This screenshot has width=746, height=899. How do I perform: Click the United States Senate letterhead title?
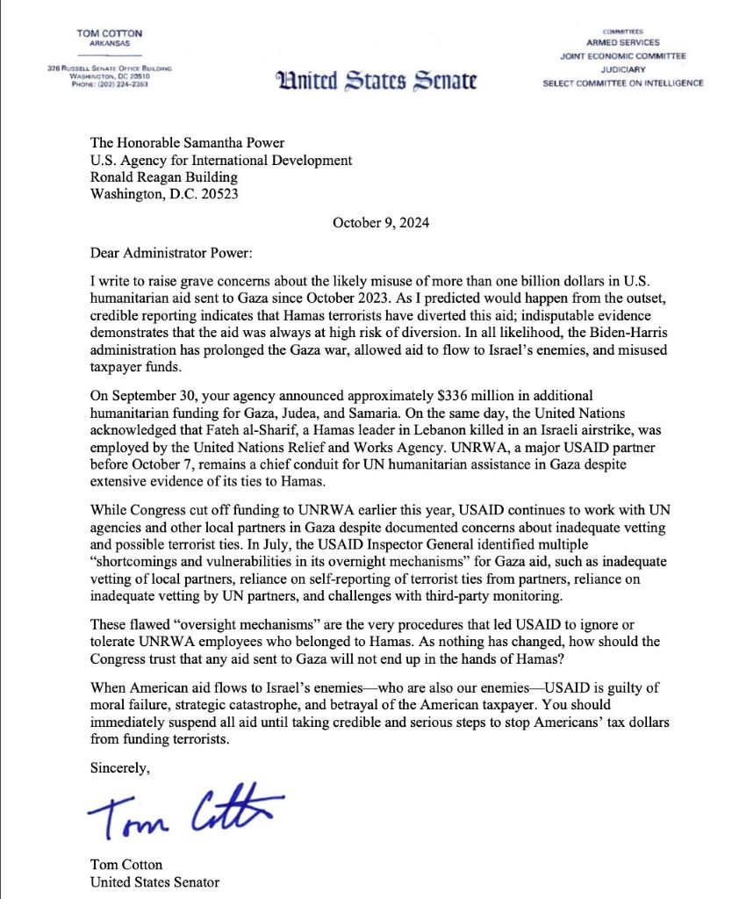pos(376,82)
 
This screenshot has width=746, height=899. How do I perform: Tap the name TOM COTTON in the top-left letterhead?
pos(110,32)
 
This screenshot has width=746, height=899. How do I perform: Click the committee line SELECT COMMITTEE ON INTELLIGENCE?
pos(624,83)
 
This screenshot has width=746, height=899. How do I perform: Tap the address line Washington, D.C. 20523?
pos(164,194)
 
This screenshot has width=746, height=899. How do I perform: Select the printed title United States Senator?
pos(154,881)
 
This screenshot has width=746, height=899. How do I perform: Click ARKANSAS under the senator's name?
pos(110,44)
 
